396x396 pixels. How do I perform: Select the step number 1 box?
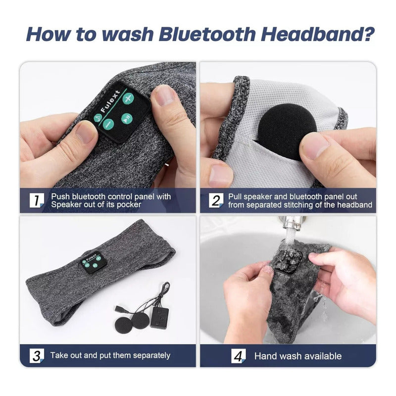click(x=37, y=200)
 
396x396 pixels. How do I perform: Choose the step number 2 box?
click(x=216, y=200)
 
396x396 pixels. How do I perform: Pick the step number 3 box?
click(x=37, y=356)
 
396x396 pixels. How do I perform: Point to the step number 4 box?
click(x=239, y=356)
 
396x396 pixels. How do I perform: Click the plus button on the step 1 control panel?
click(x=128, y=98)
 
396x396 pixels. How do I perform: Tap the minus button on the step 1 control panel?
click(x=108, y=124)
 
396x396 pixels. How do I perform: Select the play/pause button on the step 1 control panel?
click(x=127, y=118)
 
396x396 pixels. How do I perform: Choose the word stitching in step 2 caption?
click(x=298, y=204)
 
